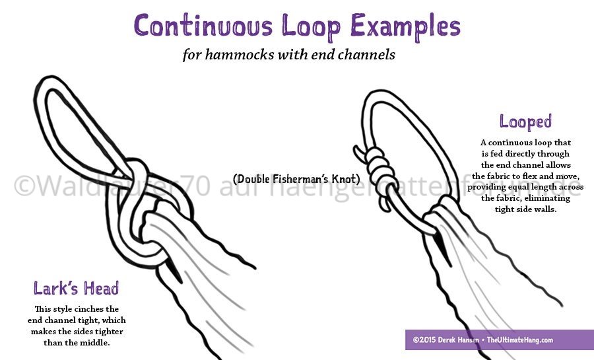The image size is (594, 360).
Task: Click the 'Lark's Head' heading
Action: [x=77, y=288]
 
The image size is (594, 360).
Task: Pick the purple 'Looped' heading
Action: [x=525, y=122]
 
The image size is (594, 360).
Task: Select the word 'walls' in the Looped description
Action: [x=547, y=209]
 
